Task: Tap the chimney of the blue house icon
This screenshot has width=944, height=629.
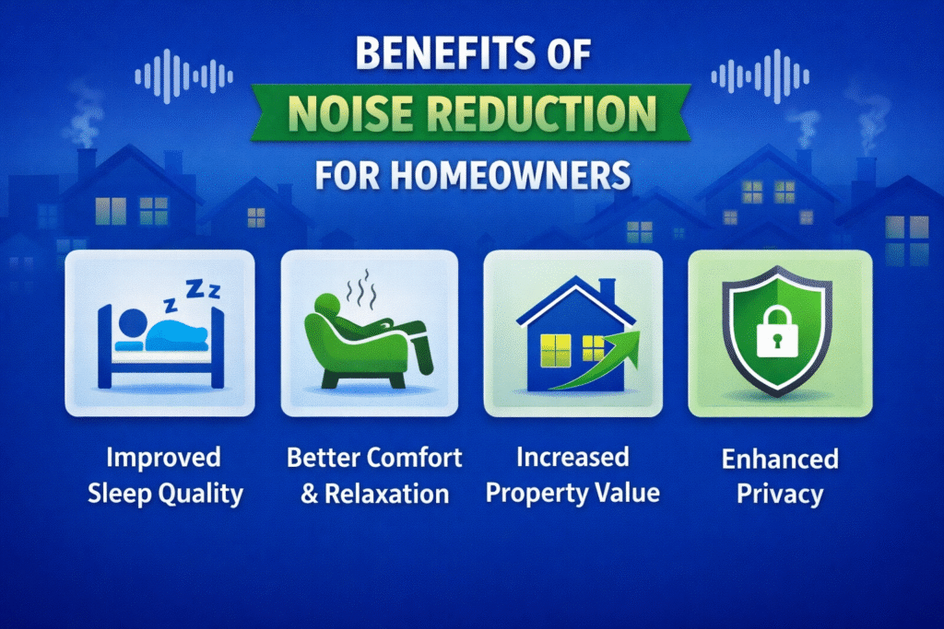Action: pos(608,293)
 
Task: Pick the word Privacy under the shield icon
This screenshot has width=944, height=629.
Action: pos(780,494)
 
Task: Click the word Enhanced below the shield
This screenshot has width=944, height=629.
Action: pos(780,459)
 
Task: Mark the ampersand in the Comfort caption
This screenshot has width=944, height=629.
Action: pos(310,493)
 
